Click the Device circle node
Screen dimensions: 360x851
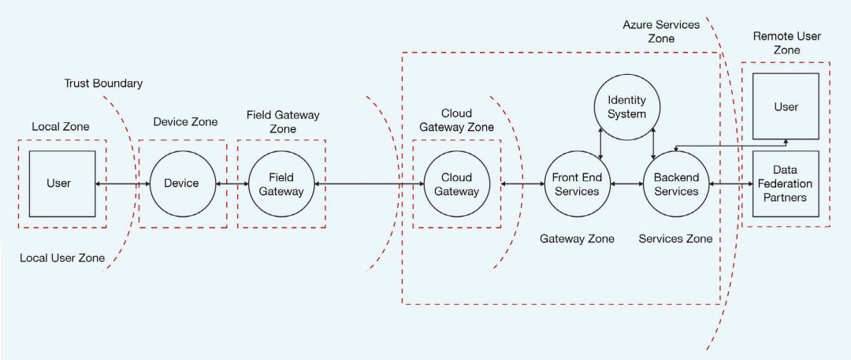181,184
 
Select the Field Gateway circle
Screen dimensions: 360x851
281,184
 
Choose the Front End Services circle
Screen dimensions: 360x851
576,184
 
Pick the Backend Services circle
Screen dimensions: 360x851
676,184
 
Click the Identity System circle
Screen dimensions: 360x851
626,106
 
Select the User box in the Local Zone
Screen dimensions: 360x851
62,184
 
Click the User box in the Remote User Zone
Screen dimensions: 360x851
786,106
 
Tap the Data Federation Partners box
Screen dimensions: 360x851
786,184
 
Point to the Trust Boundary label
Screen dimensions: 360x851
104,84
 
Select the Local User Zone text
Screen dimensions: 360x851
62,258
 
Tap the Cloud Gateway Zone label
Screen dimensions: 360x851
456,121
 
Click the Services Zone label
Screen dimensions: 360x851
675,239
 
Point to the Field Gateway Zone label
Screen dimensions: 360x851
283,121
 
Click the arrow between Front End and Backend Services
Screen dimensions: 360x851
626,184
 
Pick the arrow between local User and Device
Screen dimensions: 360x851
122,184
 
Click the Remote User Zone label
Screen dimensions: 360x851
786,43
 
